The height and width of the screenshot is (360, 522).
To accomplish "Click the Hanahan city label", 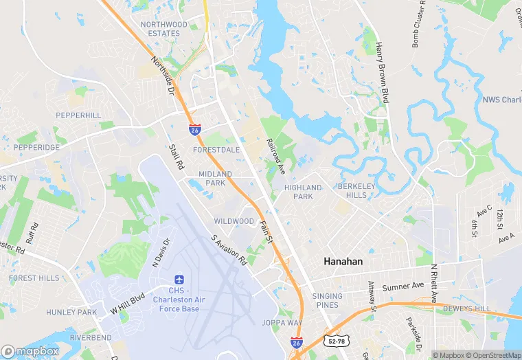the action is click(343, 262).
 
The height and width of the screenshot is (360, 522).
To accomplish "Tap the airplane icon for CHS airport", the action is click(179, 280).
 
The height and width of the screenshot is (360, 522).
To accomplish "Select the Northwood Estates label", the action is click(164, 29).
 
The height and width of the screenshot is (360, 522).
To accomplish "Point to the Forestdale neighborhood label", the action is click(216, 148).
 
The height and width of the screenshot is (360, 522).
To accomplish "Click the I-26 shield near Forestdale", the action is click(195, 128).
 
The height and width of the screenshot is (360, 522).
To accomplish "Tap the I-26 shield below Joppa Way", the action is click(296, 341).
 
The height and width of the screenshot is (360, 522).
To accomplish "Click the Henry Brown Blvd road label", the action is click(383, 73).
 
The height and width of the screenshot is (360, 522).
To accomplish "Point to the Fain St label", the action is click(266, 231).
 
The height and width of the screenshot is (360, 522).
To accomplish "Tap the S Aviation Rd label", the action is click(229, 251).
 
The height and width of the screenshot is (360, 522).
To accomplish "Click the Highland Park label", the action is click(303, 192).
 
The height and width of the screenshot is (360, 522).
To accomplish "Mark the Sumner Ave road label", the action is click(403, 286).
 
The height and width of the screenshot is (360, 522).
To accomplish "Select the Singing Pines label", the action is click(327, 301).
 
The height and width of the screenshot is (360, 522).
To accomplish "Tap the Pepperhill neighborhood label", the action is click(78, 115).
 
